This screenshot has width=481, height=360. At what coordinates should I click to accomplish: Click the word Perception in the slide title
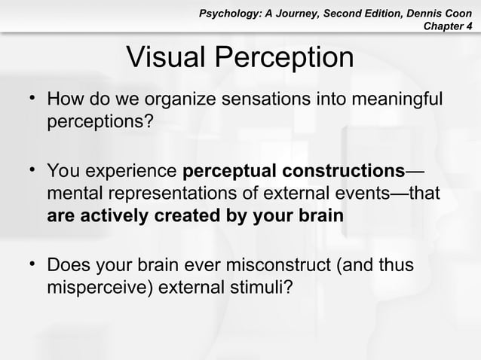point(286,57)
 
